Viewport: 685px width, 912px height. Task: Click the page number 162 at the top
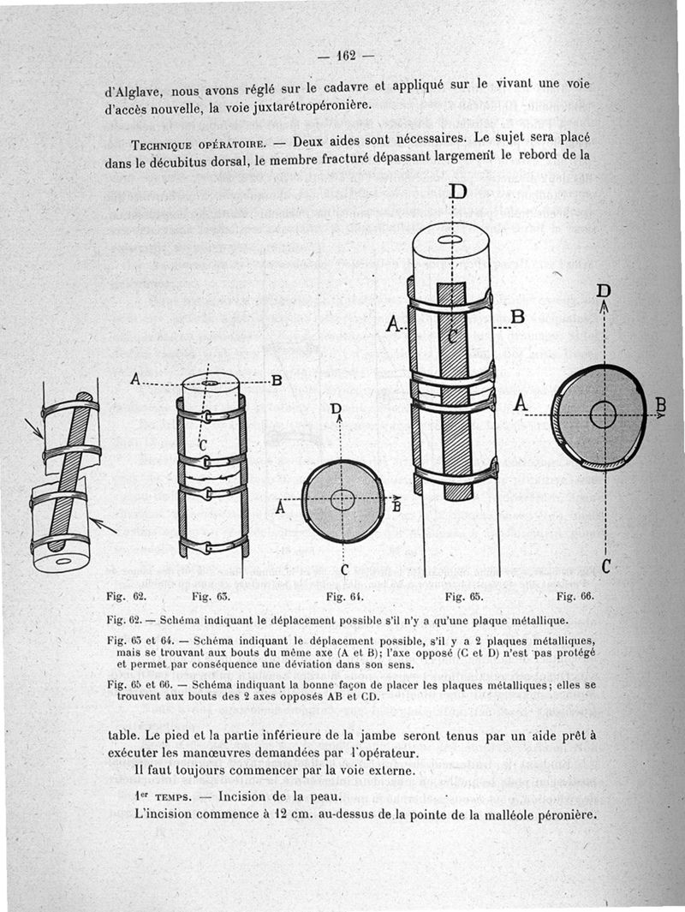[x=346, y=57]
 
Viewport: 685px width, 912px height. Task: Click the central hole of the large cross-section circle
[x=604, y=414]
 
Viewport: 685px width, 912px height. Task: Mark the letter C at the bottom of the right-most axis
[x=605, y=565]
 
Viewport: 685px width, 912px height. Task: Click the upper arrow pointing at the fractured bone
[x=33, y=426]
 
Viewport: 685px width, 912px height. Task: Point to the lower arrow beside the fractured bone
[x=101, y=524]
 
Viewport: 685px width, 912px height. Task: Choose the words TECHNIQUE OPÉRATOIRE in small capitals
[x=181, y=141]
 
